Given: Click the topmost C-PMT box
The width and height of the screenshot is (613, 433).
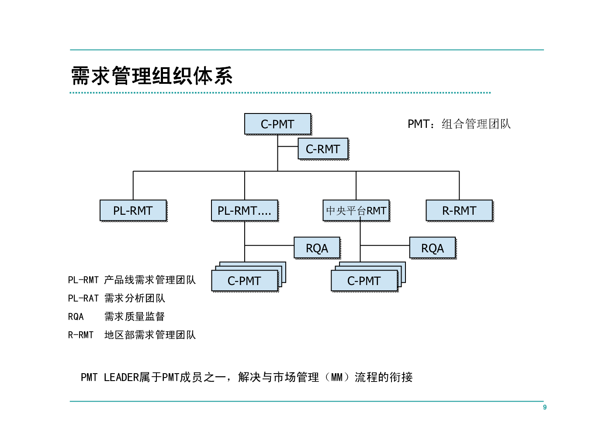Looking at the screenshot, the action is [x=278, y=124].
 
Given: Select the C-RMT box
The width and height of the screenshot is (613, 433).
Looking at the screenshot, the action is [x=323, y=149].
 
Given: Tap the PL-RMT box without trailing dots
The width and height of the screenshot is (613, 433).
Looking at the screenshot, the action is [x=133, y=210].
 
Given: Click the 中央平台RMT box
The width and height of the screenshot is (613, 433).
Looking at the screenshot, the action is [x=356, y=210].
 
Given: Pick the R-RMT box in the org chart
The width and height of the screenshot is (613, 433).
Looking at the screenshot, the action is [x=460, y=210].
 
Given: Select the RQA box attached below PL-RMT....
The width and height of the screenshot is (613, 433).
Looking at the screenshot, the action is [x=317, y=247].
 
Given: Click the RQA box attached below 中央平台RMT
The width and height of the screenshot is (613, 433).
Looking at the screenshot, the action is [x=433, y=247].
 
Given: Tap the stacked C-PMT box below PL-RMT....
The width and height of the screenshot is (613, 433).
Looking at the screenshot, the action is [x=245, y=281].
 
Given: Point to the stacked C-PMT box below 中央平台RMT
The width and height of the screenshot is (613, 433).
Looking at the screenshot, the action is [x=364, y=281].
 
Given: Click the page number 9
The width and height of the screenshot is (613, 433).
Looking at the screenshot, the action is [x=544, y=407].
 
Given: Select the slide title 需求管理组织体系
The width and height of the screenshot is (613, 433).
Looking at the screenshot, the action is [x=152, y=76].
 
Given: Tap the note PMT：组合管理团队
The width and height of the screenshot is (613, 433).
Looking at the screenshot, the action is [x=459, y=124].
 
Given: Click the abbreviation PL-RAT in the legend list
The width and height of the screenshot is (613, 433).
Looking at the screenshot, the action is [x=83, y=298].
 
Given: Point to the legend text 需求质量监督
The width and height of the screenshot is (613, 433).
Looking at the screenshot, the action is [x=135, y=316].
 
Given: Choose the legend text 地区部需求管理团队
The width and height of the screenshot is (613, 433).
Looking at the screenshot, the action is [x=150, y=335].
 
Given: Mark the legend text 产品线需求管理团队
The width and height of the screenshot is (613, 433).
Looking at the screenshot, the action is [x=150, y=280].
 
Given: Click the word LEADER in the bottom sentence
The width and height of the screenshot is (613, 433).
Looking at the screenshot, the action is [x=121, y=378].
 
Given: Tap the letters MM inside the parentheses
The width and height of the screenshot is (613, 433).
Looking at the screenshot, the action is [x=337, y=378].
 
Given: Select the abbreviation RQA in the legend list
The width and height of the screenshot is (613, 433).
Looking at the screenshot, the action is [x=76, y=316].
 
